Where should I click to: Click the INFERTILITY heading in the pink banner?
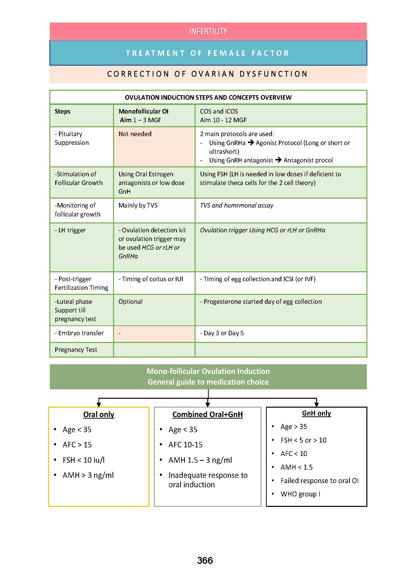(x=208, y=31)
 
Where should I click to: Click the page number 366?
(x=205, y=560)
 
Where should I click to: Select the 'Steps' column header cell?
(x=63, y=111)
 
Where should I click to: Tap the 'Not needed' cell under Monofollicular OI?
(x=135, y=134)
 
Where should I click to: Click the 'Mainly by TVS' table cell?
(x=138, y=205)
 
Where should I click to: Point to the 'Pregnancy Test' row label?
(x=76, y=350)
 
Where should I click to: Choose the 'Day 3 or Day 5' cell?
(x=222, y=333)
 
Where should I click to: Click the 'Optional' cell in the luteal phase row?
(x=130, y=302)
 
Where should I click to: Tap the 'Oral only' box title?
(x=99, y=415)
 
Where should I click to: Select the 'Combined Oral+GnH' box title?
(x=207, y=415)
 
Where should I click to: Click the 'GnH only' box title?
(x=316, y=413)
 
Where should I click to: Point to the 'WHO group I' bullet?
(x=300, y=494)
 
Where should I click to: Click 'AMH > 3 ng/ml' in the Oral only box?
(x=88, y=475)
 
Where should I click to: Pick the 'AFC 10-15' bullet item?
(x=185, y=445)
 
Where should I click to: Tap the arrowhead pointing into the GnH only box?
(x=316, y=404)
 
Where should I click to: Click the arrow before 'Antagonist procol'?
(x=278, y=160)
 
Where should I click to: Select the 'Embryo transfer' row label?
(x=79, y=333)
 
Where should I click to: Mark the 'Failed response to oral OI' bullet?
(x=319, y=481)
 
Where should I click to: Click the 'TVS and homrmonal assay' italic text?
(x=236, y=205)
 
